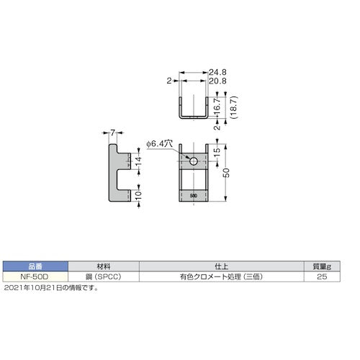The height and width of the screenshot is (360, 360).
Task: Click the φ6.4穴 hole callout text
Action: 159,145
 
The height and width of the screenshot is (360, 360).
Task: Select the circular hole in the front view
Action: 193,160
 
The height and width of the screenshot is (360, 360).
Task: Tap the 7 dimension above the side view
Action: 114,132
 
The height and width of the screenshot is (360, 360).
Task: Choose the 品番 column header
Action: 34,266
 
